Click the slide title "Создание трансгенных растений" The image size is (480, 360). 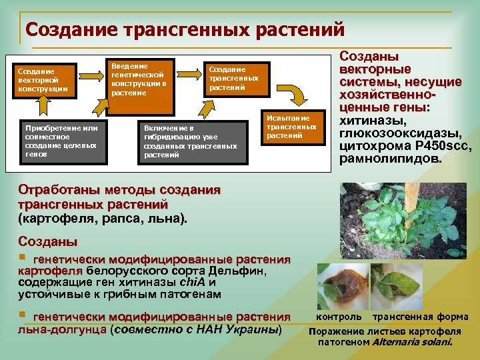(x=185, y=30)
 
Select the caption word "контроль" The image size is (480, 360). (x=340, y=317)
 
